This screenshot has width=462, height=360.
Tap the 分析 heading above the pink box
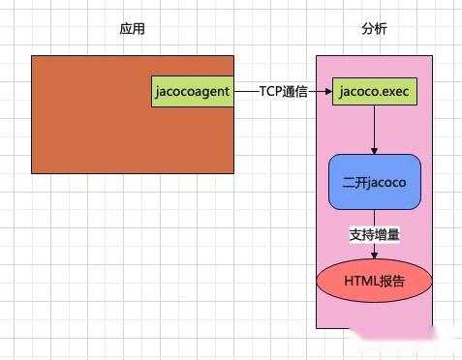tap(373, 30)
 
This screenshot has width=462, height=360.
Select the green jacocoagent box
tap(193, 91)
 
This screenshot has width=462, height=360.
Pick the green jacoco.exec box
tap(374, 92)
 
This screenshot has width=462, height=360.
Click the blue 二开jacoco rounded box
tap(374, 181)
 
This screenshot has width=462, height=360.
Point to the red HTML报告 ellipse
tap(374, 281)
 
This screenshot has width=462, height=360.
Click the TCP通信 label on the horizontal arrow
tap(283, 92)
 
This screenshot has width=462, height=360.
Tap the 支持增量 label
tap(374, 234)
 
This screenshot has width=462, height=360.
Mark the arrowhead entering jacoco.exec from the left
tap(326, 92)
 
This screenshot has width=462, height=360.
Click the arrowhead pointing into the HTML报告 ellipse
tap(374, 255)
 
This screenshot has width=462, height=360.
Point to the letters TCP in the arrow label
tap(270, 92)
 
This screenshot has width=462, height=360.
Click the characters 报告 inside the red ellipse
tap(392, 281)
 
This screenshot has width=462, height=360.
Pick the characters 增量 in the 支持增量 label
tap(385, 234)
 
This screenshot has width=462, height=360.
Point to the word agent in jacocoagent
tap(212, 92)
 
